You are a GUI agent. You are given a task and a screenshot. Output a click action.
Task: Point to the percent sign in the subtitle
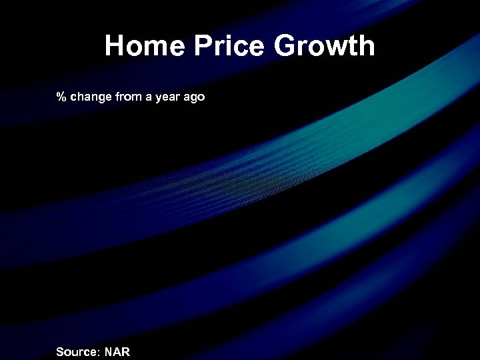(61, 97)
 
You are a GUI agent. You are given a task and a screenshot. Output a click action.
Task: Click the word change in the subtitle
(91, 97)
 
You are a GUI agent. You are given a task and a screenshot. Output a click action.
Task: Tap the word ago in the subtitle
(195, 98)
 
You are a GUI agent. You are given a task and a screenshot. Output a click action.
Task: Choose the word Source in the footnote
(77, 351)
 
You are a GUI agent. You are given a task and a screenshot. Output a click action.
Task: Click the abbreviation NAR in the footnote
(117, 351)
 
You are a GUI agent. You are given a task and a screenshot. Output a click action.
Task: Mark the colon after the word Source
(99, 352)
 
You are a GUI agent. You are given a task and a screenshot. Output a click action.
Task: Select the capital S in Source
(60, 351)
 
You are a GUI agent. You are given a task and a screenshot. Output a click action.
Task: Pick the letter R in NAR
(125, 351)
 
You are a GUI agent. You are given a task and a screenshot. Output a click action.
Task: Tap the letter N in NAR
(108, 351)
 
